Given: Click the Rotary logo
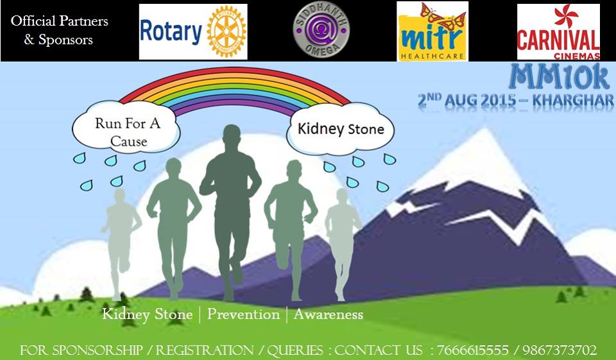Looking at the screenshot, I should tap(193, 31).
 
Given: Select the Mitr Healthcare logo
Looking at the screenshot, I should tap(432, 31).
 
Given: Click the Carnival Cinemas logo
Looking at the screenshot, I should tap(558, 32).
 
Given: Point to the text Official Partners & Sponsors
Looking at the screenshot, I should tap(59, 30).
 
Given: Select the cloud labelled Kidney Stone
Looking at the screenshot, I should tap(340, 129).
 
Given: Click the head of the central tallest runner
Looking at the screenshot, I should tap(231, 137).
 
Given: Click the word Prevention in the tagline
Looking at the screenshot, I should tap(243, 314).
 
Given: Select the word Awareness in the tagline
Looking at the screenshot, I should tap(329, 314).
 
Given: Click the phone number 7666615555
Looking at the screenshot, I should tap(472, 350).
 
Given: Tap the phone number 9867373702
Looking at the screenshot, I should tap(560, 350).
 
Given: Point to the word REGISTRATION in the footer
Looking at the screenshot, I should tap(204, 350).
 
